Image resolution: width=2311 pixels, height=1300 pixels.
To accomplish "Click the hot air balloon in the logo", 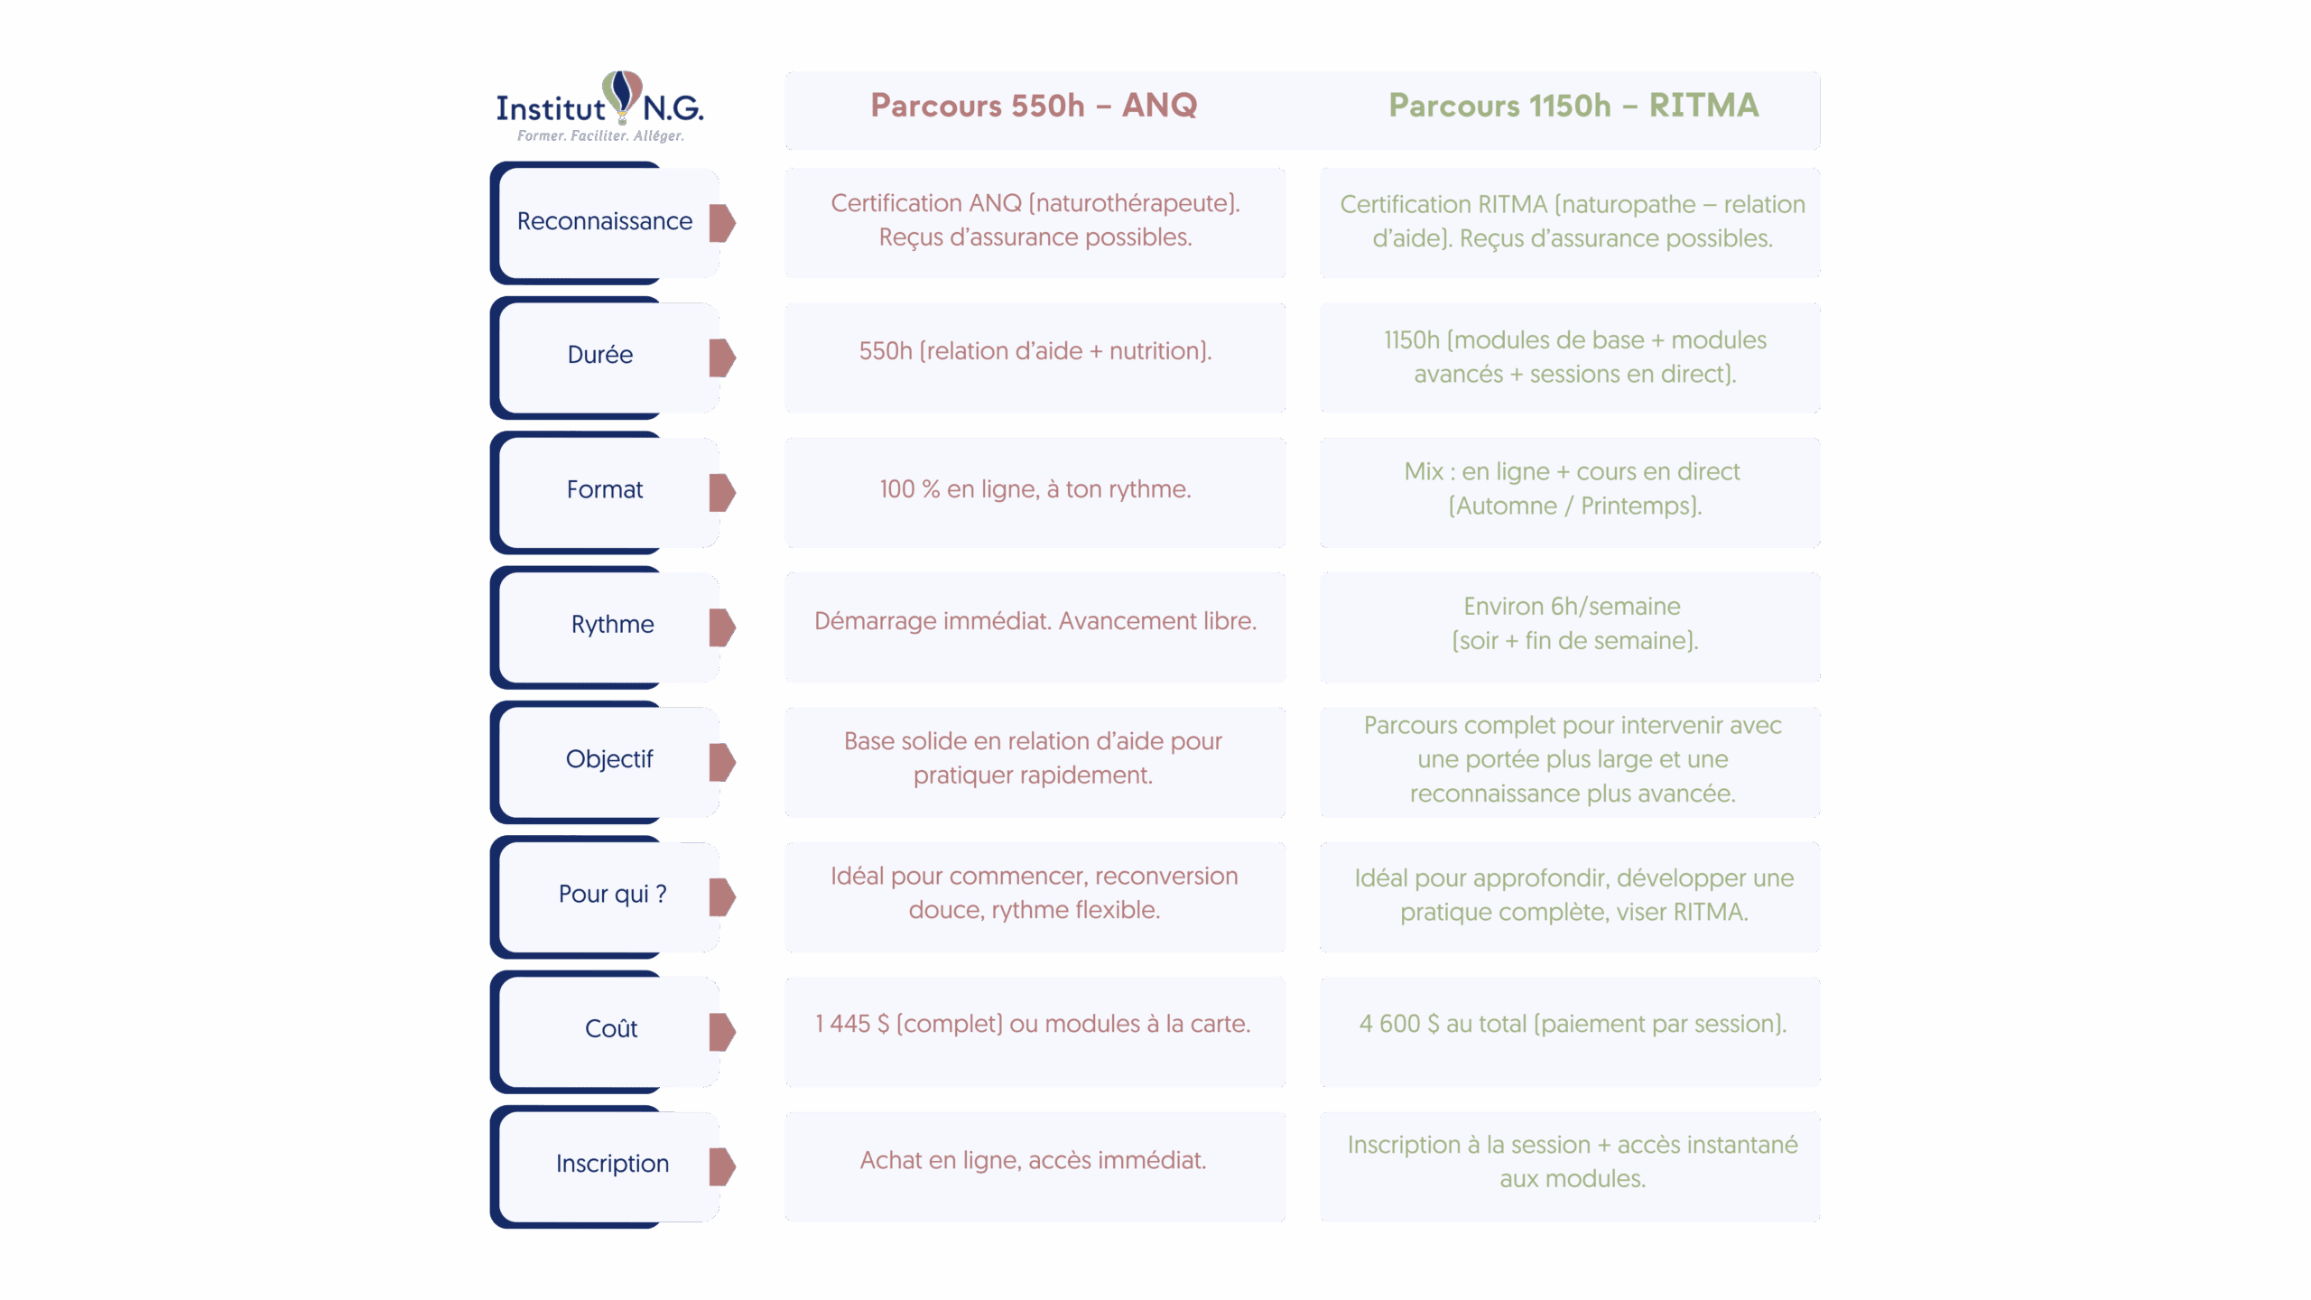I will coord(623,95).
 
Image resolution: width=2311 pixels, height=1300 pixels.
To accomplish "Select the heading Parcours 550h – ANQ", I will coord(1034,106).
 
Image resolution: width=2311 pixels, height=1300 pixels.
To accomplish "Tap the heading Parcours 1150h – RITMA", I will coord(1573,106).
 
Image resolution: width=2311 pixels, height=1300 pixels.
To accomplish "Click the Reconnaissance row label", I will coord(604,221).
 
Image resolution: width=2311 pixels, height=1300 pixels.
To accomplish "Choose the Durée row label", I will coord(600,355).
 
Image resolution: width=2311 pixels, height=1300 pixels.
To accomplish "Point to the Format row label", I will coord(604,489).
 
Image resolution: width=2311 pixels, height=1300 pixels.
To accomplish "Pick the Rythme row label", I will coord(612,624).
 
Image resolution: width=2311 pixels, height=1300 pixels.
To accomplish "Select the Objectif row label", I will coord(608,759).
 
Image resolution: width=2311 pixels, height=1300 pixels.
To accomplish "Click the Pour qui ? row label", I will coord(612,894).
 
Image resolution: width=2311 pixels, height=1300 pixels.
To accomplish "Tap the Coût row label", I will coord(611,1028).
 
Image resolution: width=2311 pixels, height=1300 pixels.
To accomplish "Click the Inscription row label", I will coord(612,1164).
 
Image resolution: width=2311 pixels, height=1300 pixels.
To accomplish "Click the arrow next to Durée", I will coord(722,357).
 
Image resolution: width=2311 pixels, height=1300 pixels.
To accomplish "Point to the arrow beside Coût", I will coord(722,1032).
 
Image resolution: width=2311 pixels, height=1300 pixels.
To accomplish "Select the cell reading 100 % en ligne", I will coord(1035,489).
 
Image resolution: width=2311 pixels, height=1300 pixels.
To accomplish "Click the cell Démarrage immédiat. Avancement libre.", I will coord(1035,621).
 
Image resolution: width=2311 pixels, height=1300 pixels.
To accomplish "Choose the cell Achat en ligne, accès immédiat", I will coord(1033,1160).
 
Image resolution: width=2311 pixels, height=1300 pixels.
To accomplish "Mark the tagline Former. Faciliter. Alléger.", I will coord(600,136).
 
